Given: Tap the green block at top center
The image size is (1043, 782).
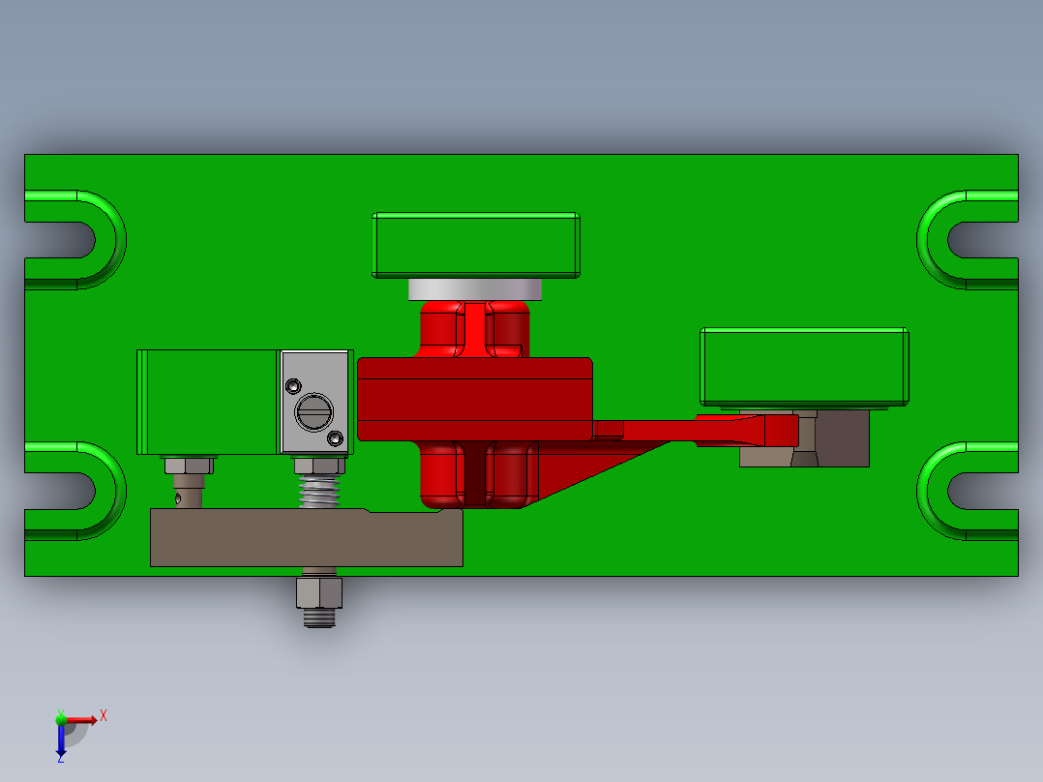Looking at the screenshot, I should pos(476,245).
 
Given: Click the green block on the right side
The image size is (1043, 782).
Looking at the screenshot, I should pos(804,366).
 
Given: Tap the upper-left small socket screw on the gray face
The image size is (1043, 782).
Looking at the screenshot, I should pos(293,387).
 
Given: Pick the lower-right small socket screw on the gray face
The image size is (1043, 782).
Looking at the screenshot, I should pos(336,439).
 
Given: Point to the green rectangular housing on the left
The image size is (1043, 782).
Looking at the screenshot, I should pos(208,402).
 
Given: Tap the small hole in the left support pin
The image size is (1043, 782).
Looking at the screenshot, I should pos(179,499).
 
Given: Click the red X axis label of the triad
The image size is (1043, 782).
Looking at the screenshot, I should pos(104,715).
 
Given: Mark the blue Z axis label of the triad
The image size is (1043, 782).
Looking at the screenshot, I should pos(61,759).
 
